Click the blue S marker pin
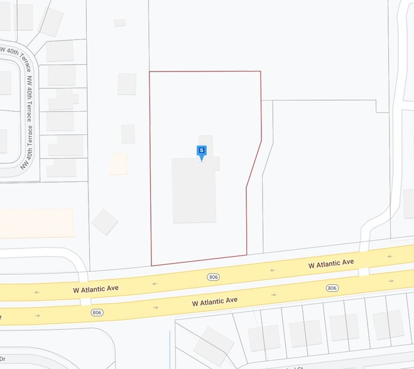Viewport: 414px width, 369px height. (x=201, y=151)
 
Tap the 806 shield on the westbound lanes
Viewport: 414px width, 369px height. (x=213, y=277)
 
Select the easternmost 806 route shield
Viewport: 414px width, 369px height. (x=332, y=287)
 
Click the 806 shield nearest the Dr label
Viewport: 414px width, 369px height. (x=96, y=312)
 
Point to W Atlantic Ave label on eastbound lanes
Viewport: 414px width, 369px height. (x=214, y=302)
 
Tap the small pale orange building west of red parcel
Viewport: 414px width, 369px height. (x=119, y=164)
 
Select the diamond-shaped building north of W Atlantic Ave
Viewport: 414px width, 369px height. (x=104, y=222)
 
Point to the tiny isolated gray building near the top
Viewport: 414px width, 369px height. (x=119, y=23)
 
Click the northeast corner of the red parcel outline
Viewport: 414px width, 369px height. (x=260, y=72)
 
